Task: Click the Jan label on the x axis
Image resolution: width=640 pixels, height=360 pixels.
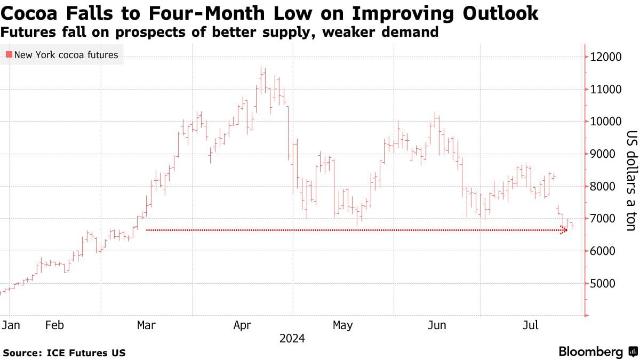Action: (9, 325)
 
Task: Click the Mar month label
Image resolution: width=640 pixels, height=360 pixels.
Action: (147, 325)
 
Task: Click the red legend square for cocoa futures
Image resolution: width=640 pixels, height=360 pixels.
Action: (9, 54)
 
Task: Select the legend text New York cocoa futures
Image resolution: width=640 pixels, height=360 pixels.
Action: (66, 54)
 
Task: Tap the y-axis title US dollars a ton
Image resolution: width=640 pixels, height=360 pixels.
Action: (631, 181)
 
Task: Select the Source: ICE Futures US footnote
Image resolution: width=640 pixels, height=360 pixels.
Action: (65, 353)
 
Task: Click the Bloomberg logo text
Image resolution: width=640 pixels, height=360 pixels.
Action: (591, 351)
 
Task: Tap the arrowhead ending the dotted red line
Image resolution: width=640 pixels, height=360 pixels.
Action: (564, 230)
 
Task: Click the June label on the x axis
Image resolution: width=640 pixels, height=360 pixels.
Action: (437, 325)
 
